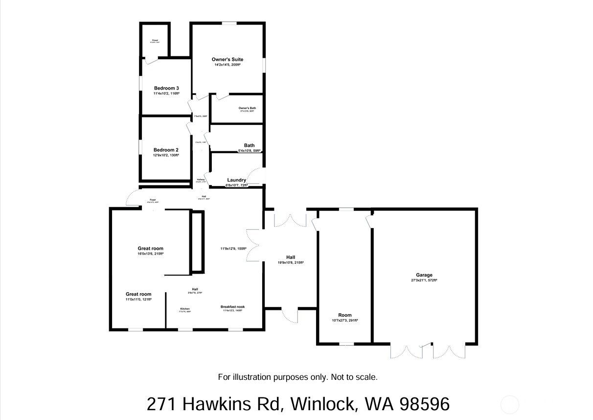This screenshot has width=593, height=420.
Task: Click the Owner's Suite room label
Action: (x=227, y=60)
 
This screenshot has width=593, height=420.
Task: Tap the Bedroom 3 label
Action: (x=166, y=89)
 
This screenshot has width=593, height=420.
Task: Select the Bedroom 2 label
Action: (x=166, y=150)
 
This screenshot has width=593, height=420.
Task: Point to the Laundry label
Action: (x=236, y=180)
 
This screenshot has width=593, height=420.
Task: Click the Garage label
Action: (x=424, y=275)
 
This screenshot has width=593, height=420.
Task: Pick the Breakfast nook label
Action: (x=232, y=307)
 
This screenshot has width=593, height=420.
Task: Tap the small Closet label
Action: (x=155, y=40)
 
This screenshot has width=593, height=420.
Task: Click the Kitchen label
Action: (x=185, y=309)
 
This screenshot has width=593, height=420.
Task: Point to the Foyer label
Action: (x=153, y=200)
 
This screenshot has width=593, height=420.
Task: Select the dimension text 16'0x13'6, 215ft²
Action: (x=150, y=254)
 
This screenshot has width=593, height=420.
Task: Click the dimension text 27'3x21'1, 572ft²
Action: (x=424, y=280)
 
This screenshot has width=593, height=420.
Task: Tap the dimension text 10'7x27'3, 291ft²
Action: (x=345, y=321)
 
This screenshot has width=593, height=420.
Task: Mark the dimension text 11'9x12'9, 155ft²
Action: (x=233, y=249)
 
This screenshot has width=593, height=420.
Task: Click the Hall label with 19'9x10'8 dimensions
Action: (x=291, y=257)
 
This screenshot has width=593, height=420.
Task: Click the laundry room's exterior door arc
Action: (x=256, y=176)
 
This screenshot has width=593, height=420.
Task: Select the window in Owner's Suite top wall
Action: (x=229, y=23)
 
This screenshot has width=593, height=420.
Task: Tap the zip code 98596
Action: (x=424, y=404)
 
